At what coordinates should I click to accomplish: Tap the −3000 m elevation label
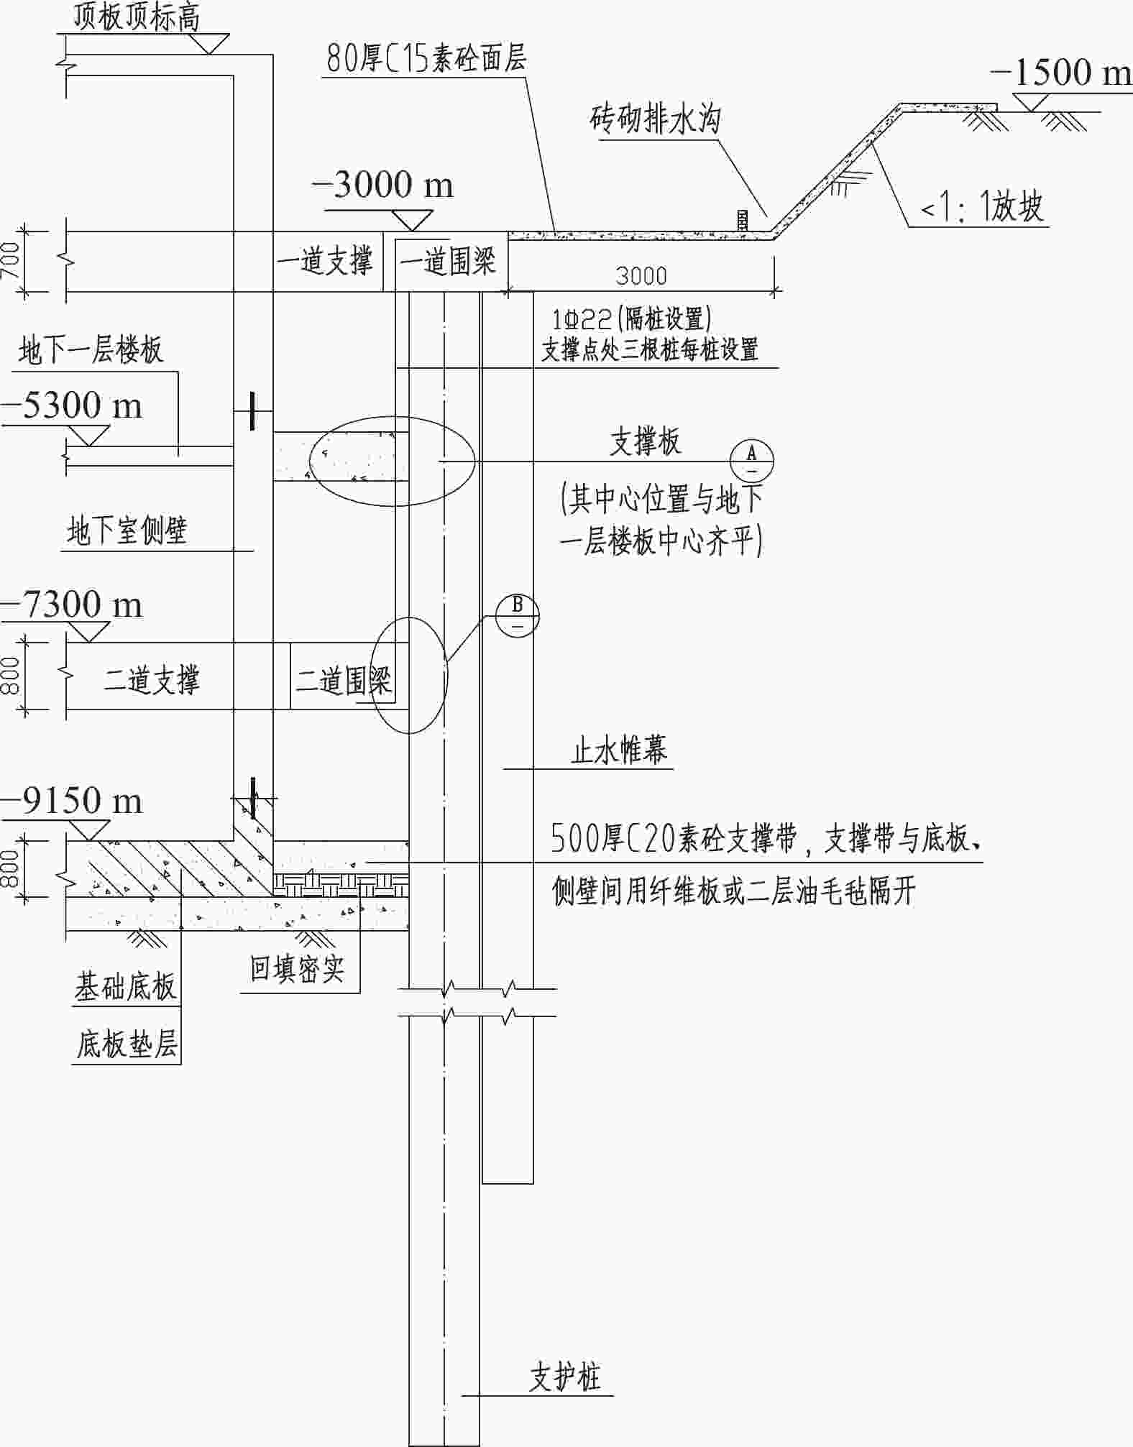pos(383,185)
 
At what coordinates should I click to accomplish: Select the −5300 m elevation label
pos(72,405)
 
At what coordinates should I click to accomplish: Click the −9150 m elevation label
pos(72,800)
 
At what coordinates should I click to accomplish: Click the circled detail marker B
pos(518,615)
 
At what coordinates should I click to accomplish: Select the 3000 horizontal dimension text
pos(641,276)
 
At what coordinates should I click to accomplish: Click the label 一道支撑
pos(325,260)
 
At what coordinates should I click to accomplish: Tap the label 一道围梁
pos(448,262)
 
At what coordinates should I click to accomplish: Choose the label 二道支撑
pos(152,679)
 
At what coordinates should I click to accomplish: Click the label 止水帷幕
pos(619,750)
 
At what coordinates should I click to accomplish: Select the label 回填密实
pos(297,968)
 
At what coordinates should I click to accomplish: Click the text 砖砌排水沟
pos(655,119)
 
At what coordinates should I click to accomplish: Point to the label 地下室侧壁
pos(127,531)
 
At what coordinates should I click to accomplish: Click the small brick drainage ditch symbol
pos(742,220)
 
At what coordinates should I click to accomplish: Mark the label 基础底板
pos(126,986)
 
